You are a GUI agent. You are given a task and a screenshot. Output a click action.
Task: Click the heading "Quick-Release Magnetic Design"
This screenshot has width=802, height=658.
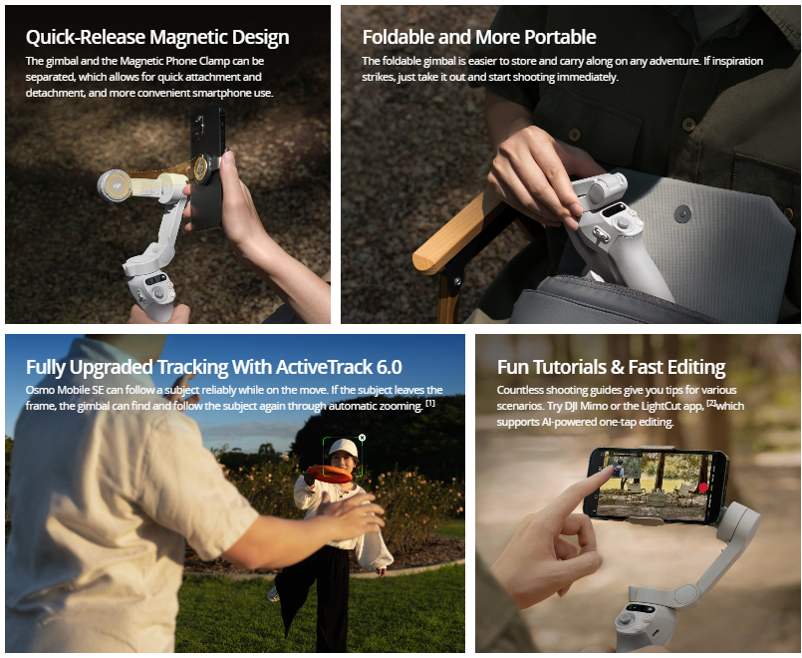pos(157,37)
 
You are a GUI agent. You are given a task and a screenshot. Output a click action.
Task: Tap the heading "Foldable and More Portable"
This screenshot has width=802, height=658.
pos(479,37)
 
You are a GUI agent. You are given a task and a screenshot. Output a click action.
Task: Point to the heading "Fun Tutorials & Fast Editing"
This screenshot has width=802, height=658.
pos(612,367)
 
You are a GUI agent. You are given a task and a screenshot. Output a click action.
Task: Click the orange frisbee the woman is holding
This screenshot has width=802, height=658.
pos(329,474)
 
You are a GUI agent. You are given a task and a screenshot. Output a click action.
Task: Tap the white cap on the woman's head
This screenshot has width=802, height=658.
pos(343,448)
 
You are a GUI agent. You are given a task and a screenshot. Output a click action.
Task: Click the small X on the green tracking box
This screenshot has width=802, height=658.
pos(362,438)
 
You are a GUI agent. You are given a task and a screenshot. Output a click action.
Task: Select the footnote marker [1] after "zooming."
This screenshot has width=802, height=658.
pos(430,403)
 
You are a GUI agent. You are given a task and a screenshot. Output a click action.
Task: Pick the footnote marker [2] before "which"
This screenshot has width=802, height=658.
pos(711,403)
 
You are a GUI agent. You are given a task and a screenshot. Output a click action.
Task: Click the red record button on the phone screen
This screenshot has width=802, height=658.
pos(703,488)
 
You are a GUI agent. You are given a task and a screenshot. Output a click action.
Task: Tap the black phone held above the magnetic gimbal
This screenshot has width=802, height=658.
pos(206,167)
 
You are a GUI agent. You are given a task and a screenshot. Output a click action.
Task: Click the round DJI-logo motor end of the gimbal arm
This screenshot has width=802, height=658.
pos(115,184)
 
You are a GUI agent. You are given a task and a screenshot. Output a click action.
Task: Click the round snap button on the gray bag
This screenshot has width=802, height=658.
pos(682,214)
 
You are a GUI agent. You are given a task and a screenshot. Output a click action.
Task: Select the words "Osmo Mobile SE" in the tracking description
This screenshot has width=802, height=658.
pos(65,390)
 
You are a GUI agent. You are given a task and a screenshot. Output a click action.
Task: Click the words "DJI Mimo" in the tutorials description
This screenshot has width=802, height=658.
pos(587,406)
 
